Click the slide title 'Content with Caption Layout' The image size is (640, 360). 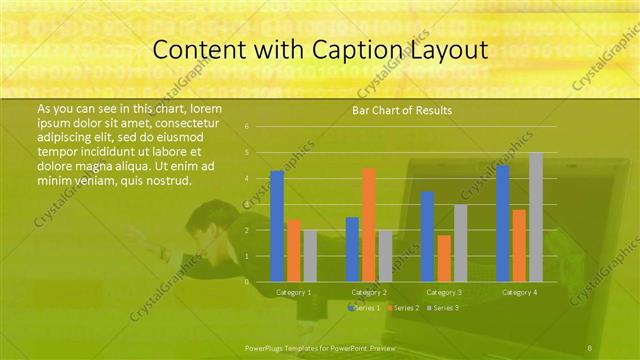pos(319,49)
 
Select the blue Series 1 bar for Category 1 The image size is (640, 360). pos(277,226)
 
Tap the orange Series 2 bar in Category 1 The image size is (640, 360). pos(294,251)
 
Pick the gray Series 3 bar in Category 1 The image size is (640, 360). pos(310,256)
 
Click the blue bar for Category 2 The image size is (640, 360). pos(352,249)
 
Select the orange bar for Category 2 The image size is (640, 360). pos(369,225)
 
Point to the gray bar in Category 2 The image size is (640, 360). pos(385,256)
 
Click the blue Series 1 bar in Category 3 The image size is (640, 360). pos(427,236)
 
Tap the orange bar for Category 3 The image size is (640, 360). pos(444,258)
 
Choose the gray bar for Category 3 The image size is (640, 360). pos(460,243)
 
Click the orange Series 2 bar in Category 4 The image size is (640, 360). pos(519,245)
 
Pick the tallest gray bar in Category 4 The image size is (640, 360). pos(536,217)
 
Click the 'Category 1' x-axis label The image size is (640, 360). pos(294,292)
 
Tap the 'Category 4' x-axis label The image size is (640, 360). pos(519,292)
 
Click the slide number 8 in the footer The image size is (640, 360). pos(590,347)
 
